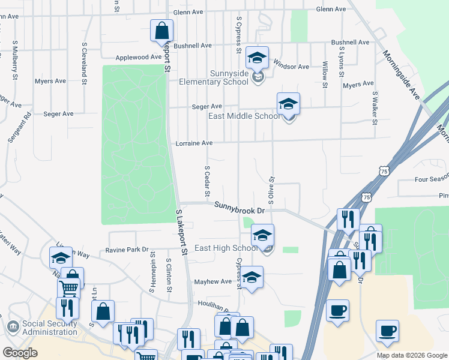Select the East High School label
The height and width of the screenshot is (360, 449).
pos(226,248)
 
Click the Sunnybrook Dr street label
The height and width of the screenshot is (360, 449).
pos(240,208)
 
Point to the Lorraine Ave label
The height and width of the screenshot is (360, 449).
pos(194,143)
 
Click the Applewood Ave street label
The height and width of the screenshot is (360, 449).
pos(139,57)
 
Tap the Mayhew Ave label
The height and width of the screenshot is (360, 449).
pos(212,281)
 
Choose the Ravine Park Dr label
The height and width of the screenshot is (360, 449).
pos(127,249)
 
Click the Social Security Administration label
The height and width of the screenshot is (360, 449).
pos(50,328)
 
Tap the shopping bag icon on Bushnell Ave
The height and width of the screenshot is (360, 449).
pos(162,31)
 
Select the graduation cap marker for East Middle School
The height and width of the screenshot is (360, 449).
pos(288,104)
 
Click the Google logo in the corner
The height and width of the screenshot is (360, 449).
pos(20,353)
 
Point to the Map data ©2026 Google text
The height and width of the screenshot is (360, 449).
pos(411,355)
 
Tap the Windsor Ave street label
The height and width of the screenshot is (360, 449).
pos(291,66)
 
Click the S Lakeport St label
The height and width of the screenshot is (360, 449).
pos(182,230)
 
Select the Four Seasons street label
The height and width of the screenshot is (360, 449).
pos(432,179)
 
